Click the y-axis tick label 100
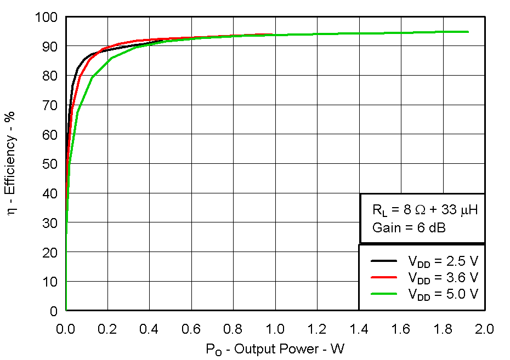click(x=48, y=18)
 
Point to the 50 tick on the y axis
click(x=51, y=164)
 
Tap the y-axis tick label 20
click(x=51, y=252)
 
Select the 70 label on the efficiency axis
click(x=51, y=105)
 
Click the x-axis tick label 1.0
click(x=275, y=329)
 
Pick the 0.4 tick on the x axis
click(x=150, y=329)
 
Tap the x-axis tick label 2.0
click(x=485, y=329)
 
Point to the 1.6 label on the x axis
click(x=401, y=329)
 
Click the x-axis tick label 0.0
click(x=66, y=329)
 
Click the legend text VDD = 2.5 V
click(x=443, y=261)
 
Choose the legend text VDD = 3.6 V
click(x=443, y=277)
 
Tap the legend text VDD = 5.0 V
click(x=443, y=294)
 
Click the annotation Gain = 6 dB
click(x=409, y=227)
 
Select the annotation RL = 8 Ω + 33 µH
click(x=421, y=210)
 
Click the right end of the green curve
click(x=468, y=32)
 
